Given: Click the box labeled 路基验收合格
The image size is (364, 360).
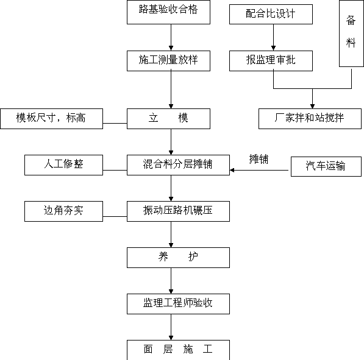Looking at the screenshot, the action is point(168,12).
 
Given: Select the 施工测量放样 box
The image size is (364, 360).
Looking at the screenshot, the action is point(168,61).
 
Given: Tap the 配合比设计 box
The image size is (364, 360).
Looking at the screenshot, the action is point(271,14).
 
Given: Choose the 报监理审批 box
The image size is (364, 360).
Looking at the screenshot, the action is point(271,61).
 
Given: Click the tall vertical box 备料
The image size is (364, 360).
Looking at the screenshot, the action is point(351,34).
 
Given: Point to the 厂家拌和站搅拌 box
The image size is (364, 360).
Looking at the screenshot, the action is point(310,119).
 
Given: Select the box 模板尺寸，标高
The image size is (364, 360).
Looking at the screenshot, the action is point(52,119).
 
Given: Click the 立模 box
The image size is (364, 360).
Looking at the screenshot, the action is point(168,119).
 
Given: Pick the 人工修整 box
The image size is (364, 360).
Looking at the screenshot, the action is point(63,165).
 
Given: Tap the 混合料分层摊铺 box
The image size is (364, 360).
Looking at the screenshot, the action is point(178,165).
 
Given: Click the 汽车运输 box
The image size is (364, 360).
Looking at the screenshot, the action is point(326,166).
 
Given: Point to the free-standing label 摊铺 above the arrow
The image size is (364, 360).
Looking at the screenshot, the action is point(259,159).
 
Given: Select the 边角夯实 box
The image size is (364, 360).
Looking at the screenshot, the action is point(63,211).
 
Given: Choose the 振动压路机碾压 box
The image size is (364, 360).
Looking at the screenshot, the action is point(178,211).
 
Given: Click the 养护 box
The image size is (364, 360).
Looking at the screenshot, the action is point(178,258).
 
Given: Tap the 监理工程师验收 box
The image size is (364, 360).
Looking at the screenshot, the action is point(178,304).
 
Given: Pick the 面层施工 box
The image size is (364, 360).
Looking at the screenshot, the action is point(178,350).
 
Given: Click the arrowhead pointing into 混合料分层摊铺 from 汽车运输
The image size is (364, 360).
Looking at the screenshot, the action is point(232,171).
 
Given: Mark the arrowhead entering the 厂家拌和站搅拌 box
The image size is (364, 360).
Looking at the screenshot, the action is point(312,107).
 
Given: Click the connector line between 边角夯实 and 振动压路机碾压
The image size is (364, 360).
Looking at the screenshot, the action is point(115,217).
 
